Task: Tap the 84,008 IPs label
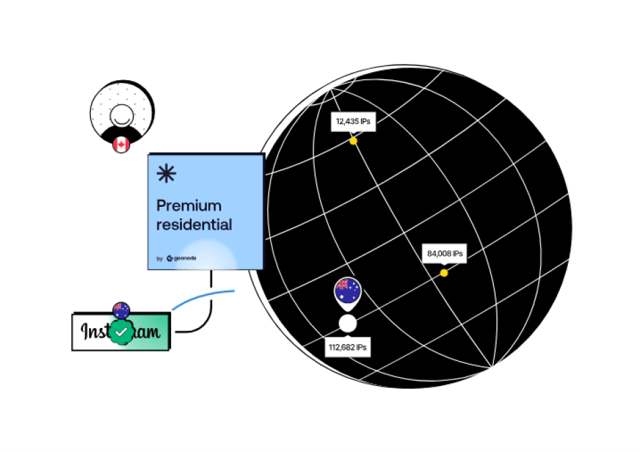pyautogui.click(x=445, y=254)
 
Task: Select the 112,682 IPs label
pyautogui.click(x=348, y=348)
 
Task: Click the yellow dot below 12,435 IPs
pyautogui.click(x=353, y=141)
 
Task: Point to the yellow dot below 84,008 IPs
pyautogui.click(x=444, y=273)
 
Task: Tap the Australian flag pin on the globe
pyautogui.click(x=348, y=290)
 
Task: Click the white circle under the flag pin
pyautogui.click(x=348, y=323)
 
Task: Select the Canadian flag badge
pyautogui.click(x=121, y=143)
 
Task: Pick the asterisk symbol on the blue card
pyautogui.click(x=166, y=174)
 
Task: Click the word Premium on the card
pyautogui.click(x=189, y=205)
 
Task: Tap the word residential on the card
pyautogui.click(x=194, y=225)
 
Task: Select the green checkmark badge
pyautogui.click(x=122, y=332)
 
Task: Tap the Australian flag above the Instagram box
pyautogui.click(x=121, y=310)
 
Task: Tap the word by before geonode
pyautogui.click(x=160, y=258)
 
